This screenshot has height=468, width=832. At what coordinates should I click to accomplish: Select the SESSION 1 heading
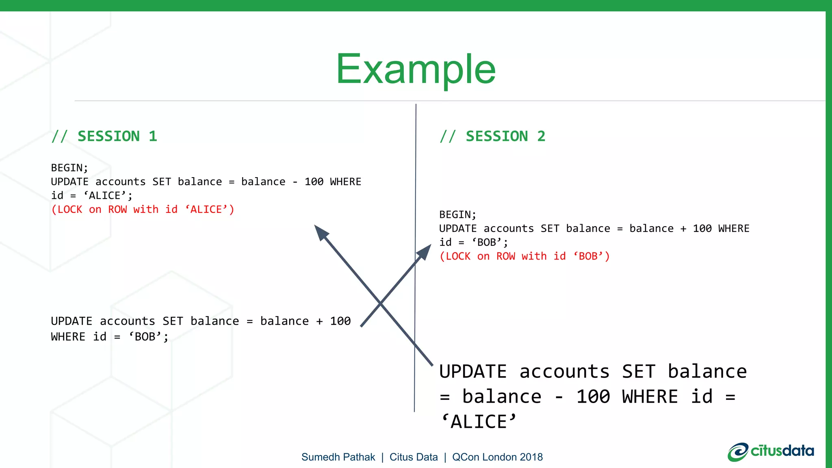pos(104,136)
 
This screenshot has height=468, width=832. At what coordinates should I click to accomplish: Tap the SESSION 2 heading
pos(493,136)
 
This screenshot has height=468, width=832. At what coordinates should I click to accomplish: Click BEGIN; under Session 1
pos(69,168)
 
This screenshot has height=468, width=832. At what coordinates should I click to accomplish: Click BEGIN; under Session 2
pos(458,214)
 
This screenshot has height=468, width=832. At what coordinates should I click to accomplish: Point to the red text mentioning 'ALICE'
pos(143,210)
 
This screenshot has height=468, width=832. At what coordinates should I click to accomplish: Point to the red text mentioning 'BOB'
pos(524,256)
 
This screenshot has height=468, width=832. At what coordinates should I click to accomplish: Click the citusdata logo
pos(771,451)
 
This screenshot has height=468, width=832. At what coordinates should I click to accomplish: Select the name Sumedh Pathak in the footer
pos(338,457)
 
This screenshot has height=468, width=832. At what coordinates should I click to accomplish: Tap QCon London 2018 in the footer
pos(497,457)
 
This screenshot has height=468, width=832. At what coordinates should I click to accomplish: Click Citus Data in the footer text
pos(414,457)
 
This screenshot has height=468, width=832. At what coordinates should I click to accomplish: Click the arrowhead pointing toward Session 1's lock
pos(321,233)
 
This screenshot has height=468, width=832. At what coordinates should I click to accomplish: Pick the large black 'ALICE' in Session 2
pos(479,422)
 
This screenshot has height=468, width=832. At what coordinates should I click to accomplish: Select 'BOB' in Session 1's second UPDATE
pos(145,337)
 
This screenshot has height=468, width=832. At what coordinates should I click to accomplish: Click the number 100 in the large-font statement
pos(593,396)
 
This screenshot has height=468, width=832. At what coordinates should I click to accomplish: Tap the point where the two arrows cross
pos(380,303)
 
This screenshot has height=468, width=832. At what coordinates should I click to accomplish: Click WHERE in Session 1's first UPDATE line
pos(345,182)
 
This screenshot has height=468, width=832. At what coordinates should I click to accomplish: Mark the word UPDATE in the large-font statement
pos(473,371)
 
